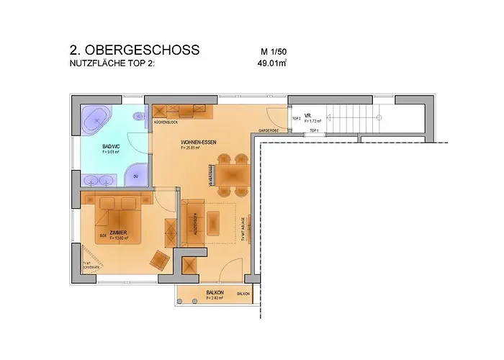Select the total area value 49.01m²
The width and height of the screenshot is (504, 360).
tap(273, 63)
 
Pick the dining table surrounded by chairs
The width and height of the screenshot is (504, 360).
tap(232, 174)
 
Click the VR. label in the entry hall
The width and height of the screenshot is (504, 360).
tap(307, 115)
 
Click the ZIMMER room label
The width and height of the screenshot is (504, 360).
tap(118, 232)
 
